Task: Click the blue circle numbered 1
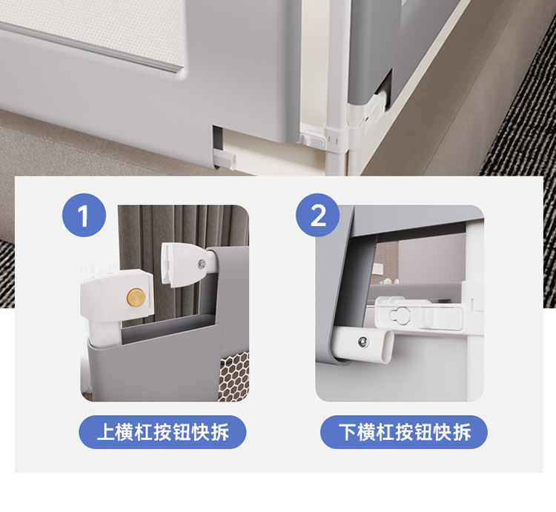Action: tap(83, 217)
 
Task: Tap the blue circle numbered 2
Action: tap(318, 217)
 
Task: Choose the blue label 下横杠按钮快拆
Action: tap(403, 431)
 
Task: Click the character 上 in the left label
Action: tap(105, 432)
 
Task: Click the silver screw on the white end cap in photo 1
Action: tap(201, 262)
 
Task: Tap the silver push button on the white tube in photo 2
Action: tap(361, 342)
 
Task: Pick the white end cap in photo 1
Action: tap(181, 264)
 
